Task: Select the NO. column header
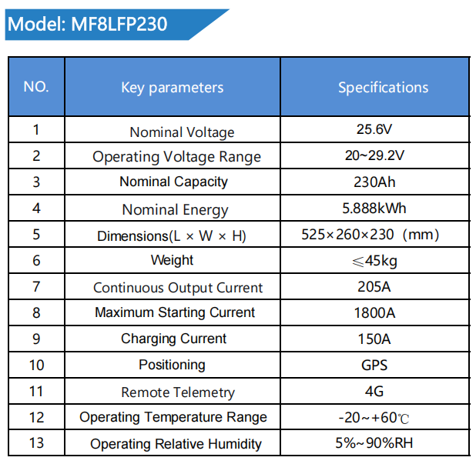click(x=36, y=86)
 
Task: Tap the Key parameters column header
click(x=173, y=87)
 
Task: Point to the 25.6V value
click(x=374, y=129)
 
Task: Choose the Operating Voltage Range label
click(x=176, y=157)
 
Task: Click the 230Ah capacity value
click(x=374, y=182)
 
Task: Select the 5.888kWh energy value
click(x=374, y=209)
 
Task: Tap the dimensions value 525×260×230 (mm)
click(x=374, y=235)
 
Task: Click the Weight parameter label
click(x=173, y=261)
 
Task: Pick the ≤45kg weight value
click(x=374, y=261)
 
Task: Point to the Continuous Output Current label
click(x=178, y=288)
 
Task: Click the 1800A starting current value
click(x=374, y=313)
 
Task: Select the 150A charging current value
click(x=374, y=339)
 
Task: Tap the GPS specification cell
click(x=374, y=366)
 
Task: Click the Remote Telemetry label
click(x=178, y=392)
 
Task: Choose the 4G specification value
click(x=374, y=392)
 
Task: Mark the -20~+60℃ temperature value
click(x=374, y=418)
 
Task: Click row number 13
click(x=36, y=443)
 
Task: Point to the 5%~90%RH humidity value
click(x=374, y=444)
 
